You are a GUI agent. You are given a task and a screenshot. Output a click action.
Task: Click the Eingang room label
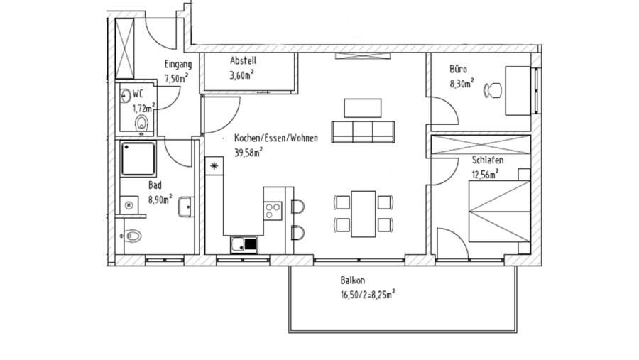(177, 64)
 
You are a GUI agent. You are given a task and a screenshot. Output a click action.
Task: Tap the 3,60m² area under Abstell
(242, 75)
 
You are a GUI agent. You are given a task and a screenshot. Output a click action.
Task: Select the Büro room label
(457, 70)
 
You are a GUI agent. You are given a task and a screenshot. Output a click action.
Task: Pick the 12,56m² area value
(485, 173)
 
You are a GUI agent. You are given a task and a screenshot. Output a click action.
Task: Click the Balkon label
(352, 281)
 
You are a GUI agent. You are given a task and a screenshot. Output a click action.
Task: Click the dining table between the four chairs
(364, 213)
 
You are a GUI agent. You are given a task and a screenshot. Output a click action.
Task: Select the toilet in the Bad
(133, 236)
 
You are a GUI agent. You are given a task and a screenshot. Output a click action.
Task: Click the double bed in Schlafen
(498, 212)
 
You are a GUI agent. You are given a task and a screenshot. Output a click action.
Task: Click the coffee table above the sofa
(363, 107)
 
